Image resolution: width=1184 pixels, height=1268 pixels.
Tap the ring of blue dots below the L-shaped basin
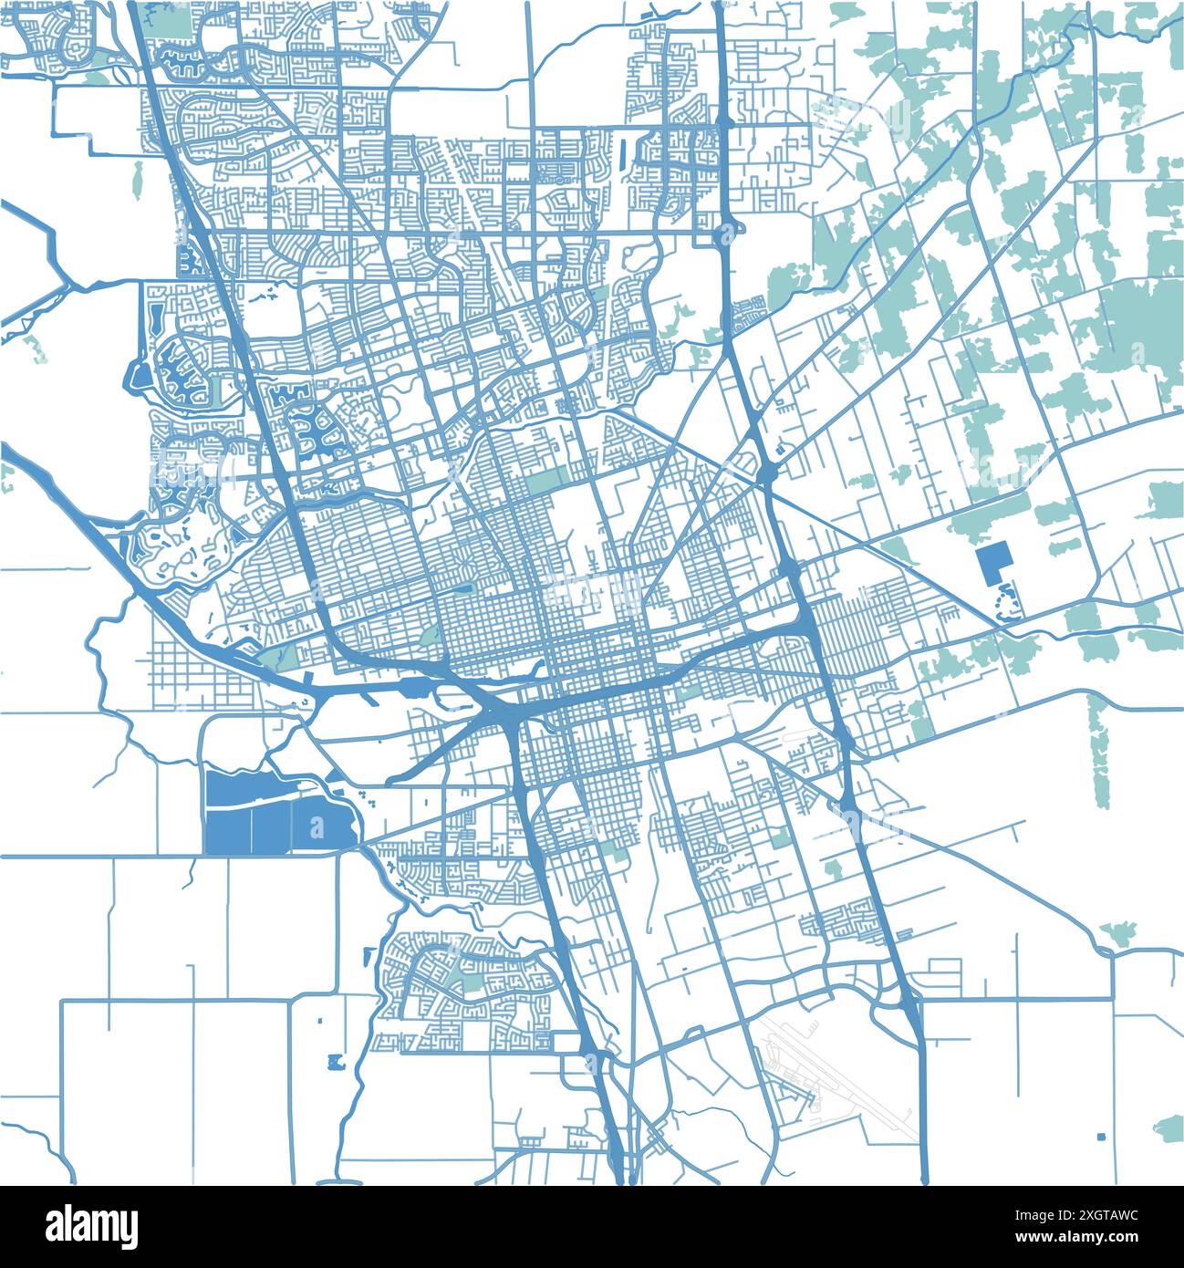tap(1009, 605)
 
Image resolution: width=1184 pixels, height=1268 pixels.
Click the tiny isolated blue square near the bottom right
tap(1101, 1137)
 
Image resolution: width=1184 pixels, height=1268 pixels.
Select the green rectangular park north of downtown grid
tap(545, 480)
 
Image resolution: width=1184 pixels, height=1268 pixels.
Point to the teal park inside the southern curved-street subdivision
tap(470, 983)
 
